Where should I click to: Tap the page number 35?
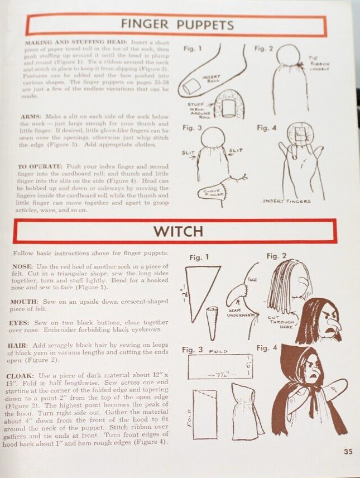tap(347, 452)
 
